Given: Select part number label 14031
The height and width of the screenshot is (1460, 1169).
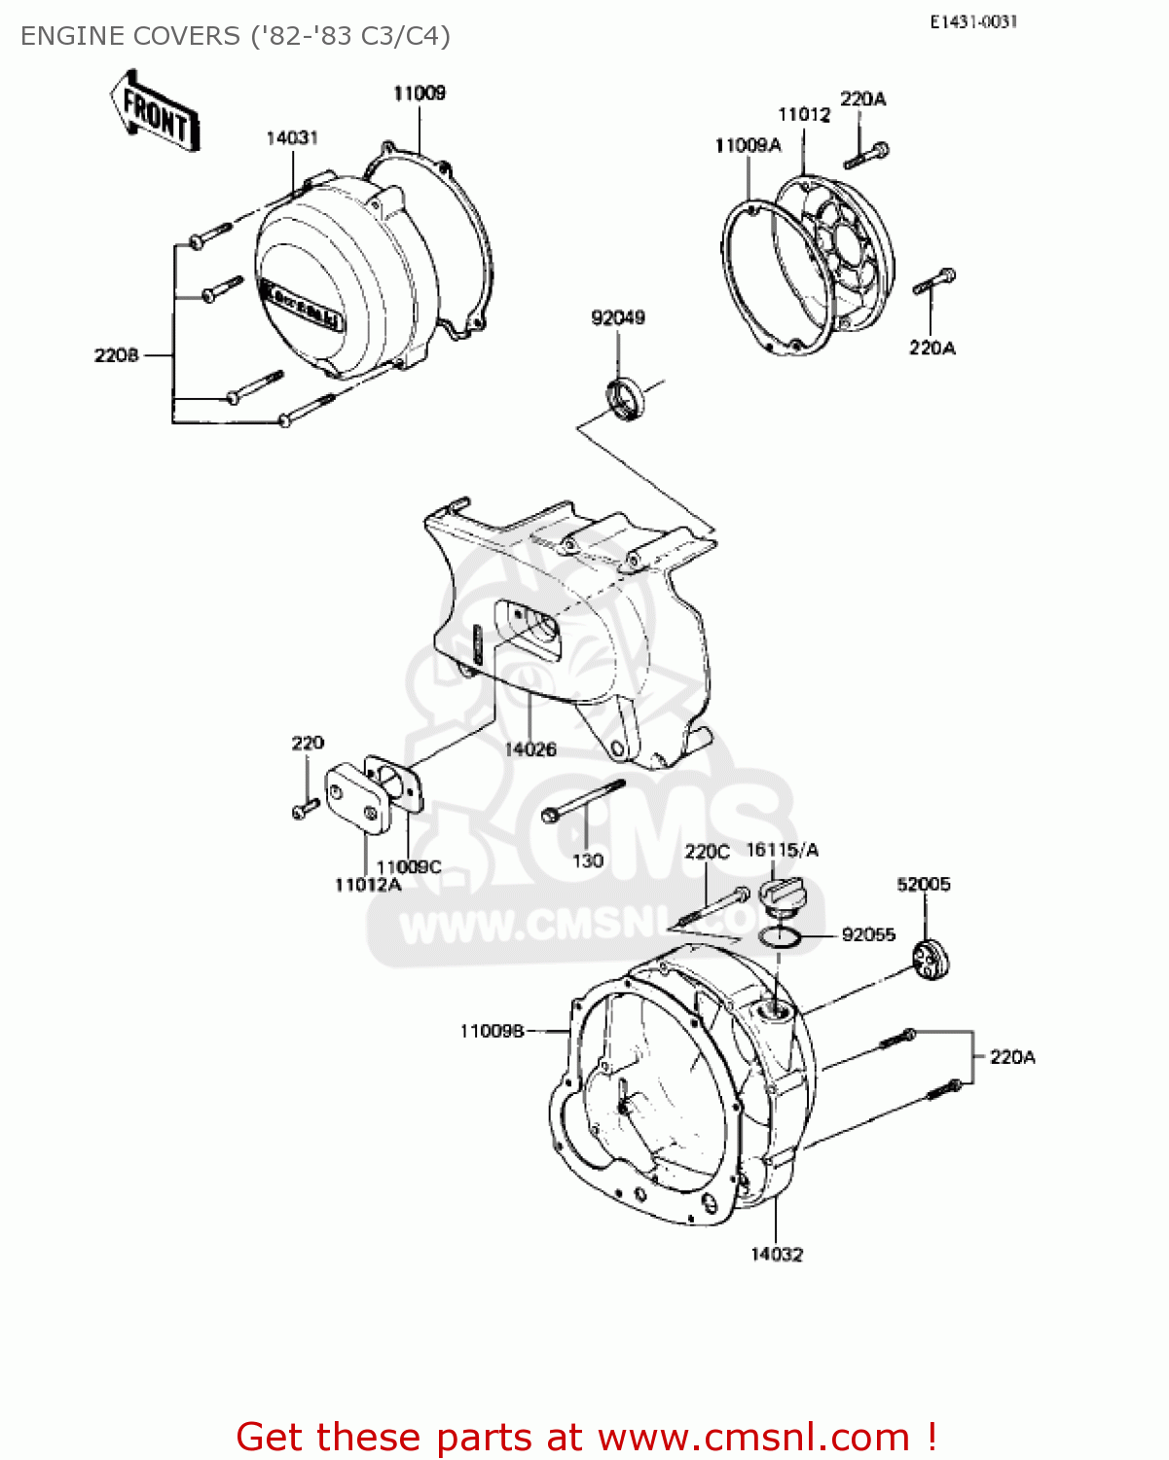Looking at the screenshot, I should click(292, 138).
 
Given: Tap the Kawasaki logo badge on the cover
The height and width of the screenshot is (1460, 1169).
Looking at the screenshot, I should click(301, 304).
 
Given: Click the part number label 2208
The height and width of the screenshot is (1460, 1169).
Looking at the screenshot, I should click(116, 356).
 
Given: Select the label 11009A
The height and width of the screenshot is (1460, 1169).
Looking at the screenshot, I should click(748, 146).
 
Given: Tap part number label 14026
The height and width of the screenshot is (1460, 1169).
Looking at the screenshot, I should click(530, 749).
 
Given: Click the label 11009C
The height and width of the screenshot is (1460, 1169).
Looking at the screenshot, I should click(409, 867).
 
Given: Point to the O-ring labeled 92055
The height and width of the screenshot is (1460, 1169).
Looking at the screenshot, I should click(780, 937).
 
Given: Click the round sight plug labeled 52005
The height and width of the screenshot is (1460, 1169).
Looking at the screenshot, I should click(932, 960).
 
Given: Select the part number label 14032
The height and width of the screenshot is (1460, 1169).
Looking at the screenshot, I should click(777, 1255).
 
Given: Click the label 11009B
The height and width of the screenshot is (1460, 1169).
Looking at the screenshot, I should click(492, 1031).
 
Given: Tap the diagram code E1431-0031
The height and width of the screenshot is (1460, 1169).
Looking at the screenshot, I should click(972, 21).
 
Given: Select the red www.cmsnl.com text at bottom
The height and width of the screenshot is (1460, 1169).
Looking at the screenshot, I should click(752, 1438).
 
